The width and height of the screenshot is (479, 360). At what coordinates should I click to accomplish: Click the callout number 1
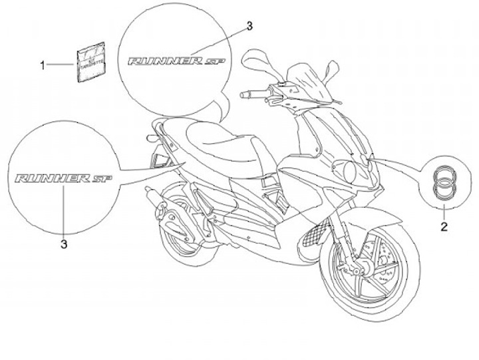tap(45, 65)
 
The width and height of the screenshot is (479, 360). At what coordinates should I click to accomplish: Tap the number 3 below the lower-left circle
tap(64, 245)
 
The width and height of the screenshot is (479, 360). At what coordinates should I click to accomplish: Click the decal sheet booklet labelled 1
tap(88, 63)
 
